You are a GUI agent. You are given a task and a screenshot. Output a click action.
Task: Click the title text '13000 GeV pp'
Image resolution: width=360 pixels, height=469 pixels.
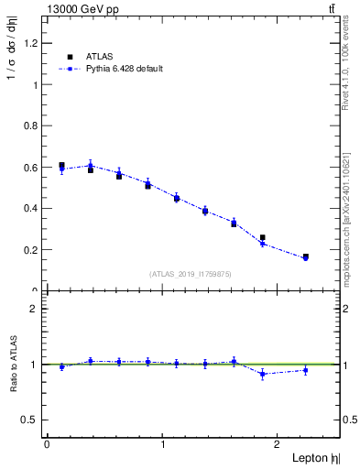82,8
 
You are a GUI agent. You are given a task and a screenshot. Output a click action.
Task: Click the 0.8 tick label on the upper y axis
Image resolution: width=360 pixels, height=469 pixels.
33,125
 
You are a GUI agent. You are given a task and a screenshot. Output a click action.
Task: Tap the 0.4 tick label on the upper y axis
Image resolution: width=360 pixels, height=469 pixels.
33,208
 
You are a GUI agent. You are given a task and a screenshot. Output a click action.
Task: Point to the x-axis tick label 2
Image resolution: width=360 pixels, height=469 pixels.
279,443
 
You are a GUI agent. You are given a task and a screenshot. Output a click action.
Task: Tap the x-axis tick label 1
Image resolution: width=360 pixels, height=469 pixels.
163,443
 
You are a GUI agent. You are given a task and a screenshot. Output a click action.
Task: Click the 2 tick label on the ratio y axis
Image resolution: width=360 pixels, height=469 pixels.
36,309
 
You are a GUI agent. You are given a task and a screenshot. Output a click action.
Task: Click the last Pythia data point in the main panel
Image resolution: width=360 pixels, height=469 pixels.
305,258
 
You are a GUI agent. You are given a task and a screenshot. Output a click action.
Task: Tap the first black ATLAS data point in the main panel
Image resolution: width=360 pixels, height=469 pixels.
61,166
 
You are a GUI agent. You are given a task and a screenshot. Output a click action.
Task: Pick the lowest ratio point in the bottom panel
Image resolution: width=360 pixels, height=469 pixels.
263,374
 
